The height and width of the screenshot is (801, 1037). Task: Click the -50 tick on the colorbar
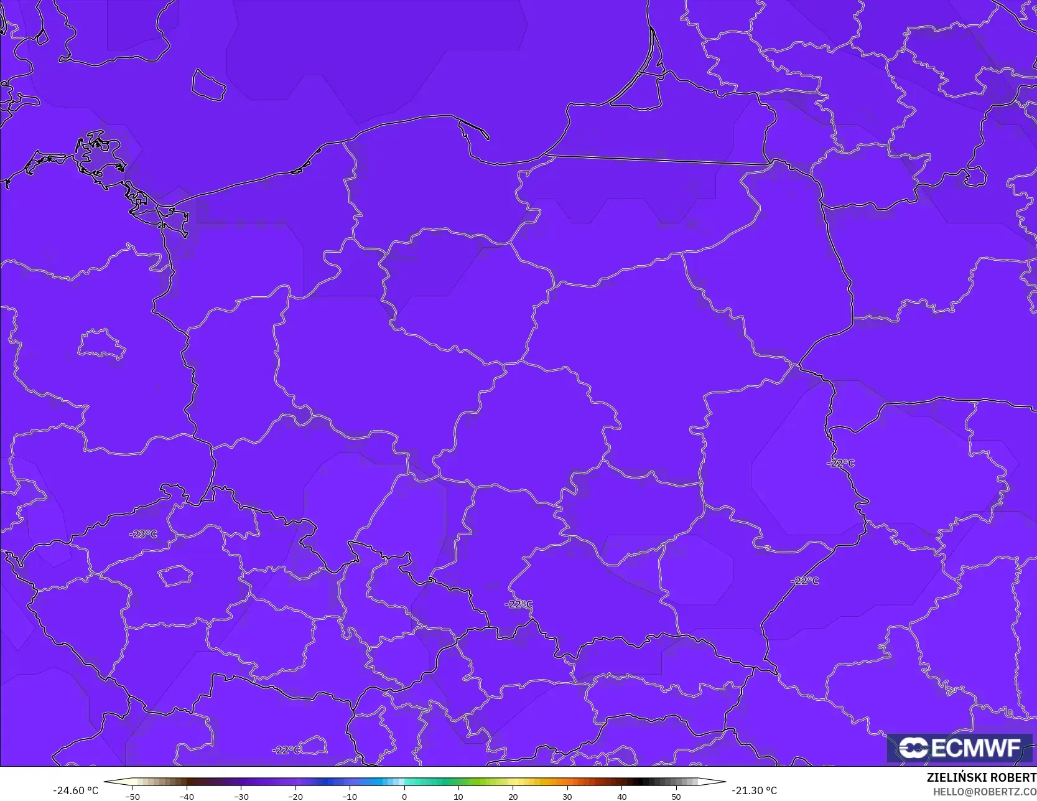pyautogui.click(x=132, y=796)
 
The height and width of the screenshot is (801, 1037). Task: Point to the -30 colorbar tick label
pyautogui.click(x=241, y=796)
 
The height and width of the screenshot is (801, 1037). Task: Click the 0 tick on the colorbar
pyautogui.click(x=404, y=796)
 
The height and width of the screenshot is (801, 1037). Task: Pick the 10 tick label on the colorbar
pyautogui.click(x=458, y=796)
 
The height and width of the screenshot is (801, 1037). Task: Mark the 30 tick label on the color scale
pyautogui.click(x=567, y=796)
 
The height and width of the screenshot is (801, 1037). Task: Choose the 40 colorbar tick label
pyautogui.click(x=621, y=796)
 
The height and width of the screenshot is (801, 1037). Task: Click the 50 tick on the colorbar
pyautogui.click(x=676, y=796)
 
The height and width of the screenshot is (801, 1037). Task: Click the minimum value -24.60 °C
pyautogui.click(x=76, y=790)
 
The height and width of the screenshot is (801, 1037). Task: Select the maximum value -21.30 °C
pyautogui.click(x=754, y=790)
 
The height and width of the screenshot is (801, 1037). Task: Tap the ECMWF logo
pyautogui.click(x=959, y=747)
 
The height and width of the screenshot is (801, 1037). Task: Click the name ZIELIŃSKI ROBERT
pyautogui.click(x=981, y=777)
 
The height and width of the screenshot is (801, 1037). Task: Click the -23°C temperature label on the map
pyautogui.click(x=143, y=534)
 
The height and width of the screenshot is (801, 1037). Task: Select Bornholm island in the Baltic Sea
pyautogui.click(x=208, y=85)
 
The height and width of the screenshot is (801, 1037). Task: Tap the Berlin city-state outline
pyautogui.click(x=101, y=344)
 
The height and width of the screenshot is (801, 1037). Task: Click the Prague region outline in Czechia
pyautogui.click(x=175, y=576)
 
